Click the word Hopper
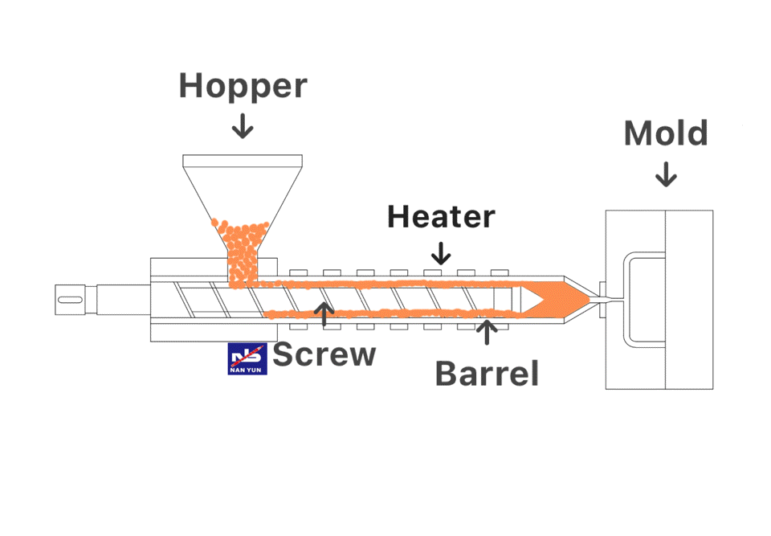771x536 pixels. [243, 86]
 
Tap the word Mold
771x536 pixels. [666, 133]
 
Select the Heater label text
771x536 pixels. [441, 216]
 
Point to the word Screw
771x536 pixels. [324, 354]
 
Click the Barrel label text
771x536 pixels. [487, 373]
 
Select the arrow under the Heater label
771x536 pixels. [440, 253]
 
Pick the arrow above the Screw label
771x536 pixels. [324, 313]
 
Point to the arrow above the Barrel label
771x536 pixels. [487, 331]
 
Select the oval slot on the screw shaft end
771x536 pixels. [70, 300]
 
